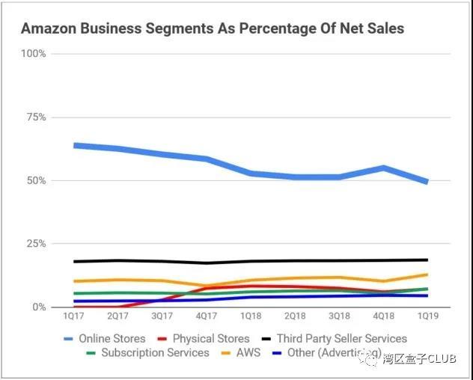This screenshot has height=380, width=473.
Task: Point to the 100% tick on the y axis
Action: pyautogui.click(x=33, y=54)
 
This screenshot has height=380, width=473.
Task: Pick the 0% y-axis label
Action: pyautogui.click(x=38, y=307)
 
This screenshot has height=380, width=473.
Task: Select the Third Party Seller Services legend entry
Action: pyautogui.click(x=341, y=339)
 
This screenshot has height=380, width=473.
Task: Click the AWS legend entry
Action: pyautogui.click(x=247, y=352)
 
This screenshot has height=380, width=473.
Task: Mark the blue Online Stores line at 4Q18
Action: pyautogui.click(x=383, y=168)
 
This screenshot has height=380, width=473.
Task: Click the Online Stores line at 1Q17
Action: pyautogui.click(x=75, y=145)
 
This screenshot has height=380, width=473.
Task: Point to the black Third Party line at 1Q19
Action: pyautogui.click(x=427, y=260)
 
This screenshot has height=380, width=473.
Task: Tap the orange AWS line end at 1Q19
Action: pyautogui.click(x=427, y=275)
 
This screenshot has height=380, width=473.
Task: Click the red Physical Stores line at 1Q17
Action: pyautogui.click(x=75, y=307)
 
